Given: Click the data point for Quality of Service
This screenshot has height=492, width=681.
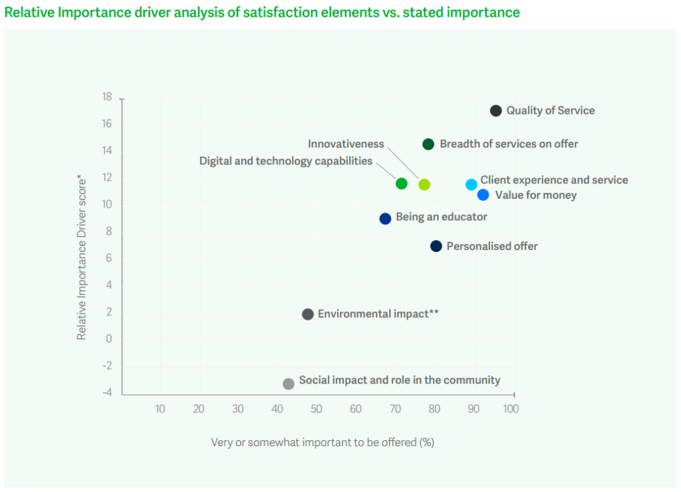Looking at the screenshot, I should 495,110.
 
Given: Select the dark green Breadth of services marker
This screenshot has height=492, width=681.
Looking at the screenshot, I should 428,144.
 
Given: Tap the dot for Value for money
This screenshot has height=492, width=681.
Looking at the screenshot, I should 483,195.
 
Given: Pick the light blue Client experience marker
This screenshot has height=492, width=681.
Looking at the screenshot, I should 472,184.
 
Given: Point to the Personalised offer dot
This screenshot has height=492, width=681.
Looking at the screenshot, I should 436,246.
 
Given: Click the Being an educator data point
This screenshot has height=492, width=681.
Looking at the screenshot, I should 385,218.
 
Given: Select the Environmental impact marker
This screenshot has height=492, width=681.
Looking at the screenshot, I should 308,314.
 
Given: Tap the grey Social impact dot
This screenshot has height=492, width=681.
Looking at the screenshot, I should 289,384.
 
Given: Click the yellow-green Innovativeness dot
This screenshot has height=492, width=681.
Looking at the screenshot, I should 424,184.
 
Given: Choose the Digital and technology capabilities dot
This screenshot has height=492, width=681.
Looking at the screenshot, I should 402,184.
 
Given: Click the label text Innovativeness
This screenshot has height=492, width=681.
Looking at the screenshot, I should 346,144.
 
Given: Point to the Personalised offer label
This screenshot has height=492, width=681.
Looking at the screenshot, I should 492,246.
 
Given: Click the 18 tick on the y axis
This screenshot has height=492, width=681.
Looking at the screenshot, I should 107,97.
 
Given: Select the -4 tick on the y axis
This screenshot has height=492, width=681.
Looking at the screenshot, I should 106,394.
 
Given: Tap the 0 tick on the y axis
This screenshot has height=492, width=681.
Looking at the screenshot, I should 108,340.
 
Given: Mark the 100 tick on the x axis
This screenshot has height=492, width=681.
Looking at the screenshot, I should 511,409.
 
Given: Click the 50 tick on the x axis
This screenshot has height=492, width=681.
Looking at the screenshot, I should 316,409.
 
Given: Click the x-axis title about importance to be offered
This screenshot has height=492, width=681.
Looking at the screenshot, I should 323,442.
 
